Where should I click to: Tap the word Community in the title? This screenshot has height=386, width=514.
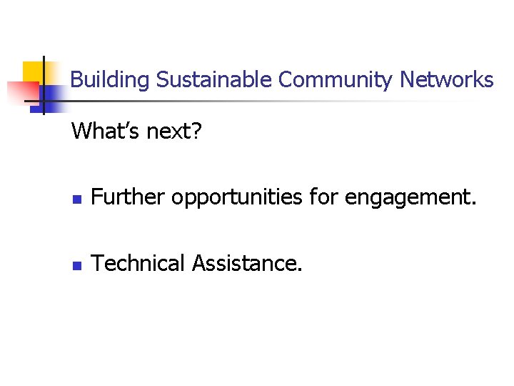[x=335, y=80]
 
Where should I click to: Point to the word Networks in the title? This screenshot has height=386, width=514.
[x=447, y=79]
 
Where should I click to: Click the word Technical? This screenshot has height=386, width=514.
[x=139, y=263]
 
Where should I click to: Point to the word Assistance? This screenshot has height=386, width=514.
[x=247, y=263]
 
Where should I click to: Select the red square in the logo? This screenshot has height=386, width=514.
[x=21, y=91]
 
